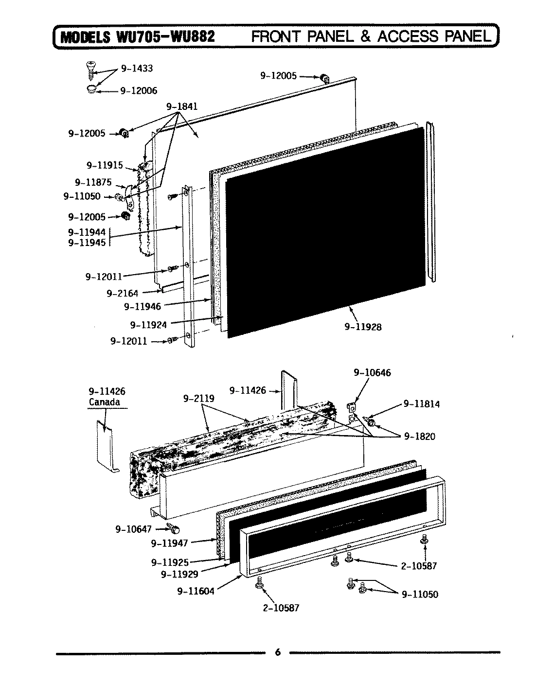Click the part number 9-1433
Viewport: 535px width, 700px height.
(137, 69)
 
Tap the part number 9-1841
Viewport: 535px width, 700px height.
(182, 106)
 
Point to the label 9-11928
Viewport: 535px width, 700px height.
(363, 327)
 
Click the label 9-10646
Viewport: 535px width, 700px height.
(372, 373)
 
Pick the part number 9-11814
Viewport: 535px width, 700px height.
(421, 404)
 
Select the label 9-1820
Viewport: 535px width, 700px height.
(419, 437)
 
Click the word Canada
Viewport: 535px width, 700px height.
(104, 402)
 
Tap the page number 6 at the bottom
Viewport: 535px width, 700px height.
(277, 653)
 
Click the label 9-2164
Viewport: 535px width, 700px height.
(122, 293)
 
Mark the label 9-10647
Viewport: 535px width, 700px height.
(134, 529)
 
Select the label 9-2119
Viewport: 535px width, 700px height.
(199, 399)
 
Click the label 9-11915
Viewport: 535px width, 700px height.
(105, 165)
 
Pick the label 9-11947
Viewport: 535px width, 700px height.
(169, 542)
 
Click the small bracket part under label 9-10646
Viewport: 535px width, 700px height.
(352, 407)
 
